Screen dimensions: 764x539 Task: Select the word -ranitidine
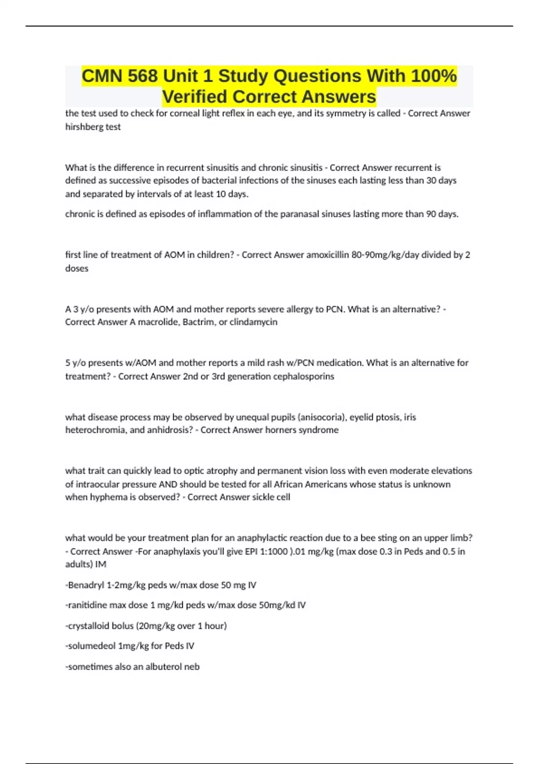click(x=86, y=605)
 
